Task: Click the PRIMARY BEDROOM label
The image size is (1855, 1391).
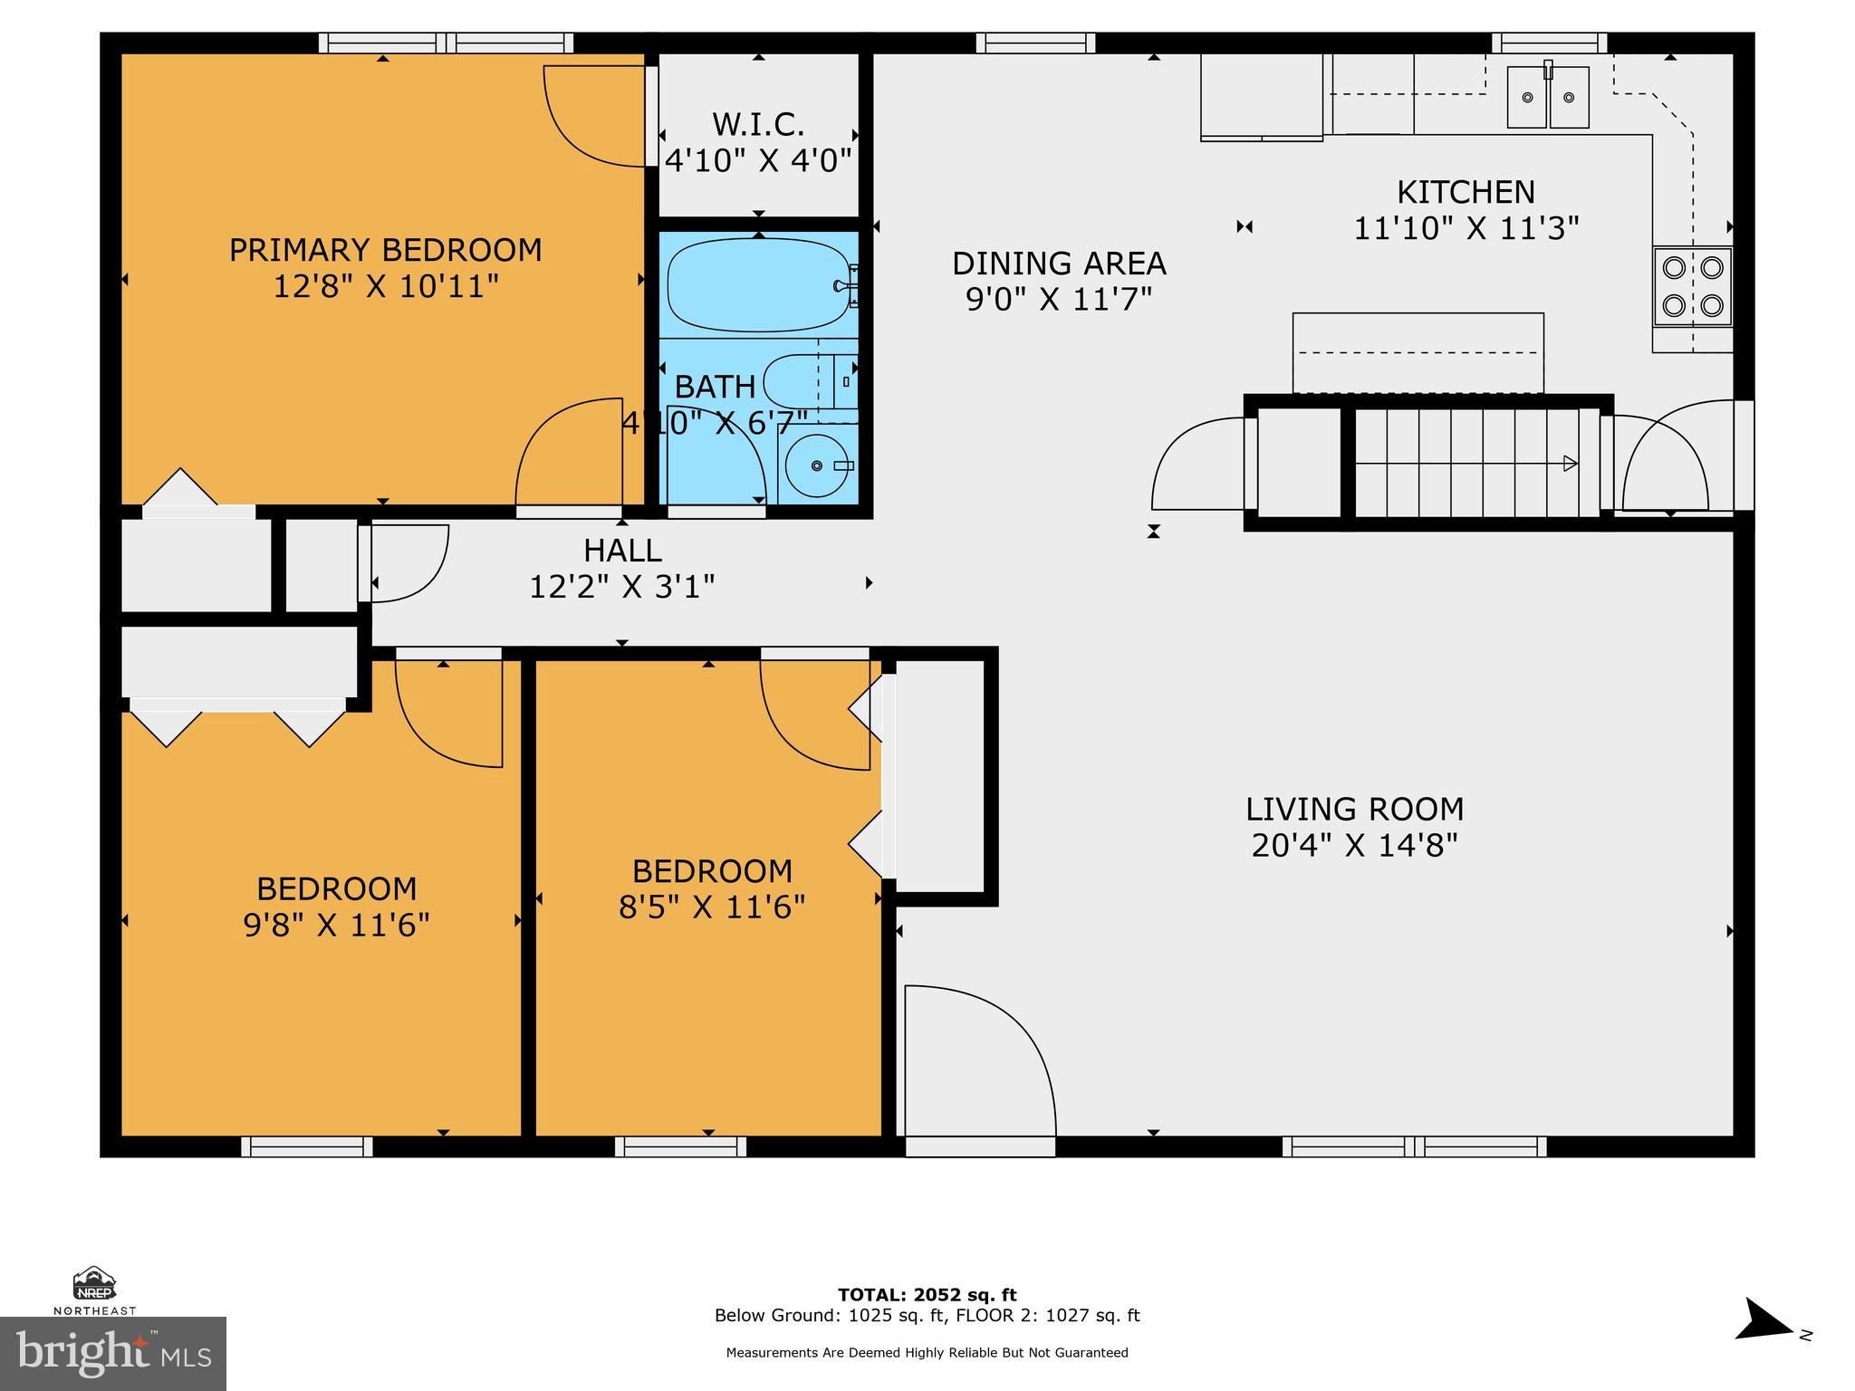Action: (x=385, y=250)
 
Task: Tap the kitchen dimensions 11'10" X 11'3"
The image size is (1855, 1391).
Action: (x=1466, y=228)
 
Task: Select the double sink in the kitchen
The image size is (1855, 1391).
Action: (x=1548, y=97)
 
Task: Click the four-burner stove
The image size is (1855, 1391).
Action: (x=1692, y=286)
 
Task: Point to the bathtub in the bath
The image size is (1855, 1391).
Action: (x=758, y=285)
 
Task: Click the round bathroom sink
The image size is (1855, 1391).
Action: (x=816, y=465)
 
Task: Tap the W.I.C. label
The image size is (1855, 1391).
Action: (x=758, y=124)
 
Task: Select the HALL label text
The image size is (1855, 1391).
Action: (x=622, y=551)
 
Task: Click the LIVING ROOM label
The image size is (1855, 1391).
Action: (x=1354, y=809)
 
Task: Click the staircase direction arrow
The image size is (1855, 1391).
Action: (x=1570, y=464)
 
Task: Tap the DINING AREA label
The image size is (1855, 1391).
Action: (x=1058, y=264)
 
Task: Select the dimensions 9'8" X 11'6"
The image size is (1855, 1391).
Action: (x=336, y=926)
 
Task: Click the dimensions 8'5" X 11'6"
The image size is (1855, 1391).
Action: (x=712, y=907)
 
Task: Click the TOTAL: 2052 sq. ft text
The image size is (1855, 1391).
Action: (x=927, y=1295)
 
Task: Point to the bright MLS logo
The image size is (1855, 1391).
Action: (x=113, y=1353)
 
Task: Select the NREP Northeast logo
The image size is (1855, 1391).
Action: (x=94, y=1290)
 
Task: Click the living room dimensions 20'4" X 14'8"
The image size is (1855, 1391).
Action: (x=1354, y=846)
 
